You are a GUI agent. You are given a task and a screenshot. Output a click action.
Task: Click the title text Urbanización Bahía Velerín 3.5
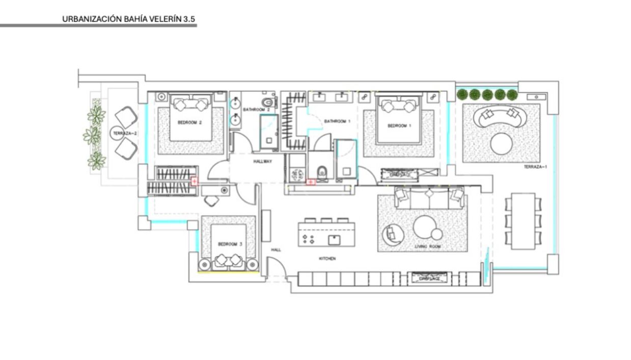[x=129, y=19]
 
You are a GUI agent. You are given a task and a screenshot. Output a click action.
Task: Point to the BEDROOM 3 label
[x=230, y=244]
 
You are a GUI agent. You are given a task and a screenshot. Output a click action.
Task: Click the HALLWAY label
[x=262, y=161]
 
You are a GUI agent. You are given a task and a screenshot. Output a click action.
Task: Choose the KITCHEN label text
[x=327, y=259]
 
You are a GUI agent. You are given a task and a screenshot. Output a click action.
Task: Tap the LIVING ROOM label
[x=427, y=246]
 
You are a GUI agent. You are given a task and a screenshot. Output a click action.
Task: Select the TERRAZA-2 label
[x=124, y=133]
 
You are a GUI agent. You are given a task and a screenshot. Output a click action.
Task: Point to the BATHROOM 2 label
[x=256, y=109]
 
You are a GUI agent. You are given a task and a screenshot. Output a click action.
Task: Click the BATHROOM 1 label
[x=338, y=121]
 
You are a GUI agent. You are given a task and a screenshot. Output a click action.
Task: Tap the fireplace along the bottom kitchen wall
[x=428, y=279]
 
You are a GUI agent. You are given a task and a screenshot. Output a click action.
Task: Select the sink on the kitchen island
[x=334, y=239]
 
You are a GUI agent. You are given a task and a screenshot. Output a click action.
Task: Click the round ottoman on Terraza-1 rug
[x=501, y=144]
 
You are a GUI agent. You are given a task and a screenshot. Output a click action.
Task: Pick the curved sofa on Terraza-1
[x=500, y=117]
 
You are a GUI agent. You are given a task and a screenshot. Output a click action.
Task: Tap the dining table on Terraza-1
[x=523, y=221]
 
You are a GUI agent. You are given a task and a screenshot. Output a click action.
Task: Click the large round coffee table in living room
[x=423, y=227]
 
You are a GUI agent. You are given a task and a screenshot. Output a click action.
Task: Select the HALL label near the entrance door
[x=276, y=250]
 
